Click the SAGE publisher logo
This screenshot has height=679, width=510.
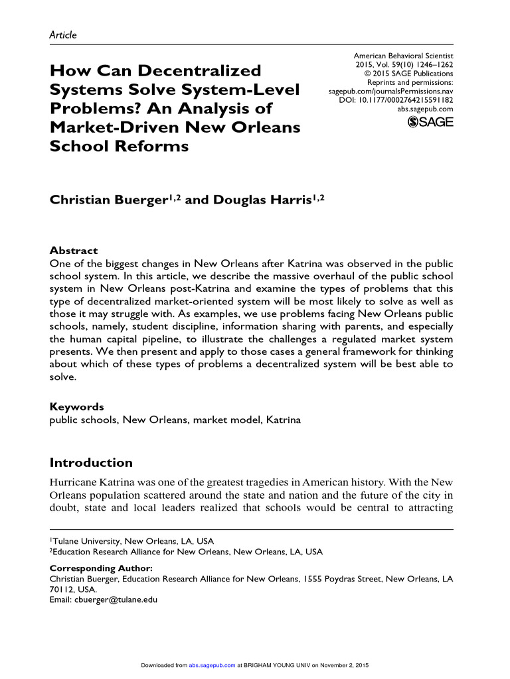430,121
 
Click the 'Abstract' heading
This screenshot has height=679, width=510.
74,251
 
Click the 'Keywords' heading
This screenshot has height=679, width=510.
77,406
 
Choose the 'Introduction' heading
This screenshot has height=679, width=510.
92,463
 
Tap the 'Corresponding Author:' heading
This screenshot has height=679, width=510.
102,568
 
